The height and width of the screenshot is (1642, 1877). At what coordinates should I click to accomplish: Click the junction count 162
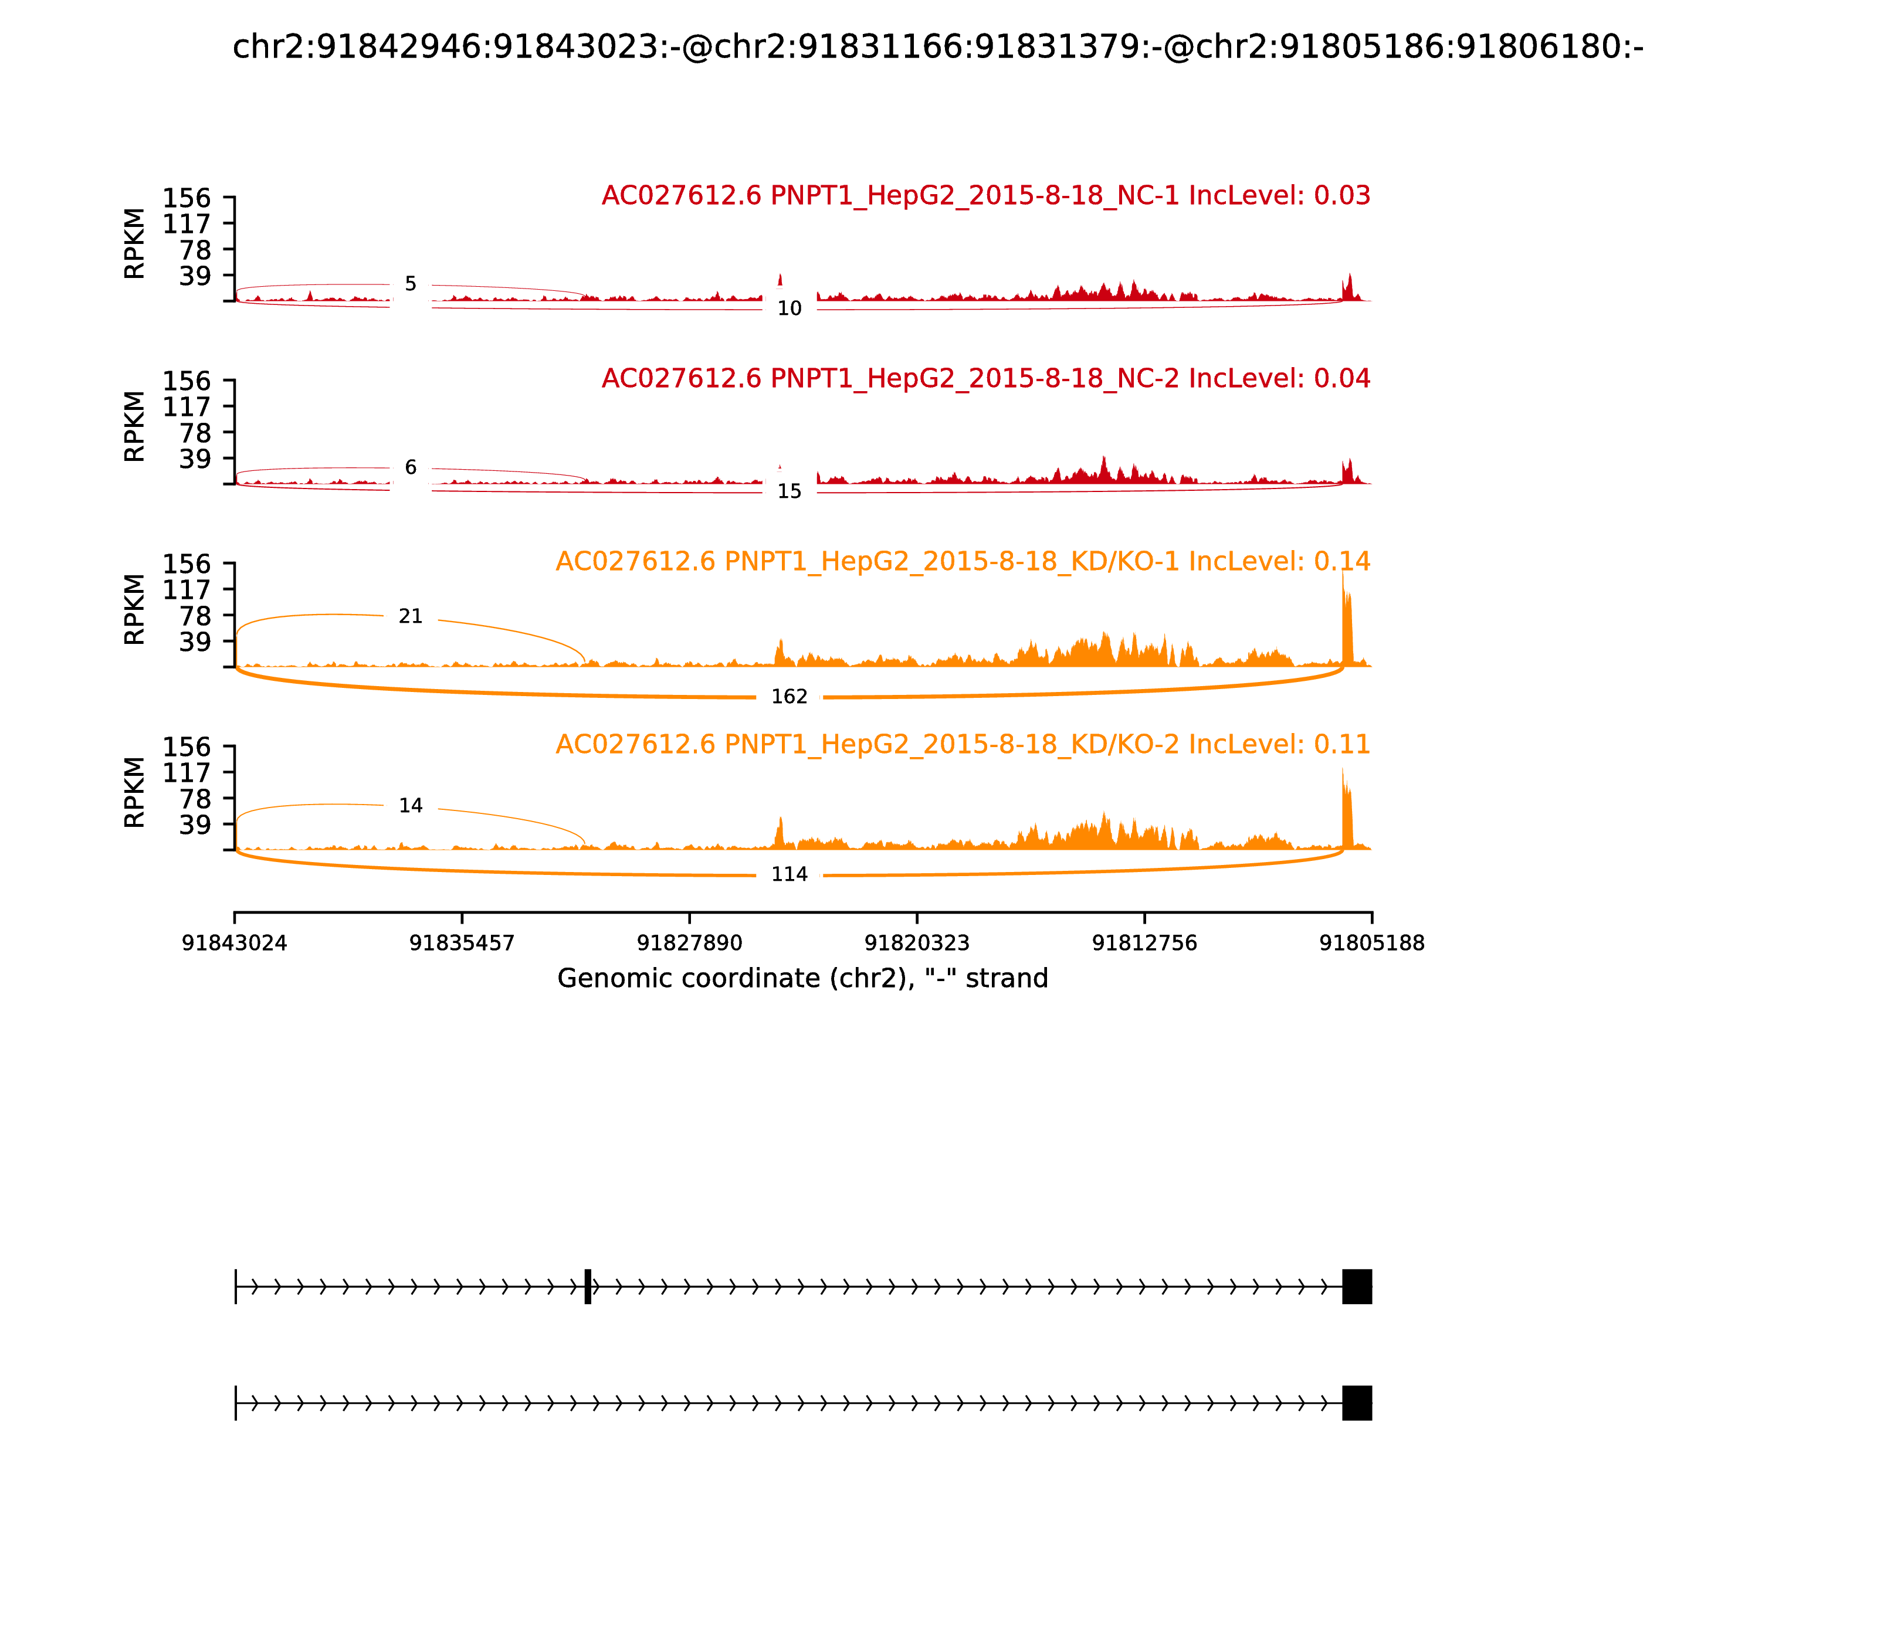tap(789, 697)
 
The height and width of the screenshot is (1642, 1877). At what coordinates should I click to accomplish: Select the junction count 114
tap(789, 874)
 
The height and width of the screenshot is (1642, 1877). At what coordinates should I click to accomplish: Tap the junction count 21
tap(411, 617)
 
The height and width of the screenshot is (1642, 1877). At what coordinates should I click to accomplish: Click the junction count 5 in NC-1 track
tap(411, 284)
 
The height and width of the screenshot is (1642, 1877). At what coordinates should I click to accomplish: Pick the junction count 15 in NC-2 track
tap(789, 492)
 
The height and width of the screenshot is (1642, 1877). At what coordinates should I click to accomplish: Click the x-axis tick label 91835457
tap(462, 943)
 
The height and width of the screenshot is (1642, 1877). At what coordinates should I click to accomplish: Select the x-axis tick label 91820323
tap(916, 943)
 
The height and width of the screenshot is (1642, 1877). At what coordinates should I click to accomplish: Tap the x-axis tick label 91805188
tap(1371, 943)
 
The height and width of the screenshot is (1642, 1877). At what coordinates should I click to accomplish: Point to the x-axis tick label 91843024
tap(235, 943)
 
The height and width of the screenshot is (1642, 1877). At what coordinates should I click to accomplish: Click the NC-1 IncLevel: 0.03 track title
tap(985, 196)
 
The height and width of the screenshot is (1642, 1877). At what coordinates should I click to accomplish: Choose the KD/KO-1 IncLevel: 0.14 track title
tap(963, 562)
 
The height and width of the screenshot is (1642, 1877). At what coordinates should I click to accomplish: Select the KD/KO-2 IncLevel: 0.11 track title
tap(963, 744)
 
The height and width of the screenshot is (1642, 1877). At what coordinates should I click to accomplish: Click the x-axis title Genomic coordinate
tap(802, 979)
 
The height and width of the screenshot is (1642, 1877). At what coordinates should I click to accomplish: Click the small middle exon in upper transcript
tap(588, 1287)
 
